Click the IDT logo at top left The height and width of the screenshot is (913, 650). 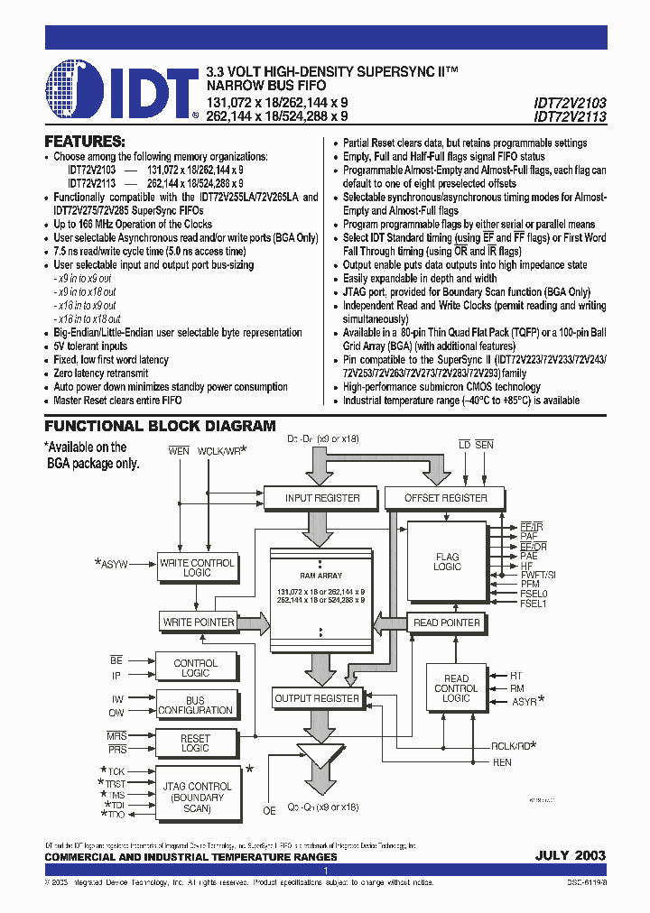(122, 90)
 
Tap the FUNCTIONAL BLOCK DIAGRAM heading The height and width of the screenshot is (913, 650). (160, 426)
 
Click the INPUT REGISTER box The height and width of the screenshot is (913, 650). (322, 498)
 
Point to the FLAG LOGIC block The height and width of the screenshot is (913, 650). (447, 561)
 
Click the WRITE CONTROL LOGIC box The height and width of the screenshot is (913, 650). (197, 567)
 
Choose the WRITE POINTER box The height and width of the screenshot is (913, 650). (198, 622)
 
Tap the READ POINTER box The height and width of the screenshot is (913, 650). (447, 622)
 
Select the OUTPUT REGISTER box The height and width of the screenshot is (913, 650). (317, 698)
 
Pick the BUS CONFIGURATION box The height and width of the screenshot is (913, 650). (196, 705)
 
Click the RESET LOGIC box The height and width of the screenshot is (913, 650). (196, 743)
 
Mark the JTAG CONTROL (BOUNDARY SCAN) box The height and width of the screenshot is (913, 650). (197, 791)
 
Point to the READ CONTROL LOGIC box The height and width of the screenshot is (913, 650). (456, 688)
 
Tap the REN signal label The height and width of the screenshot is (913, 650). (501, 762)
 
